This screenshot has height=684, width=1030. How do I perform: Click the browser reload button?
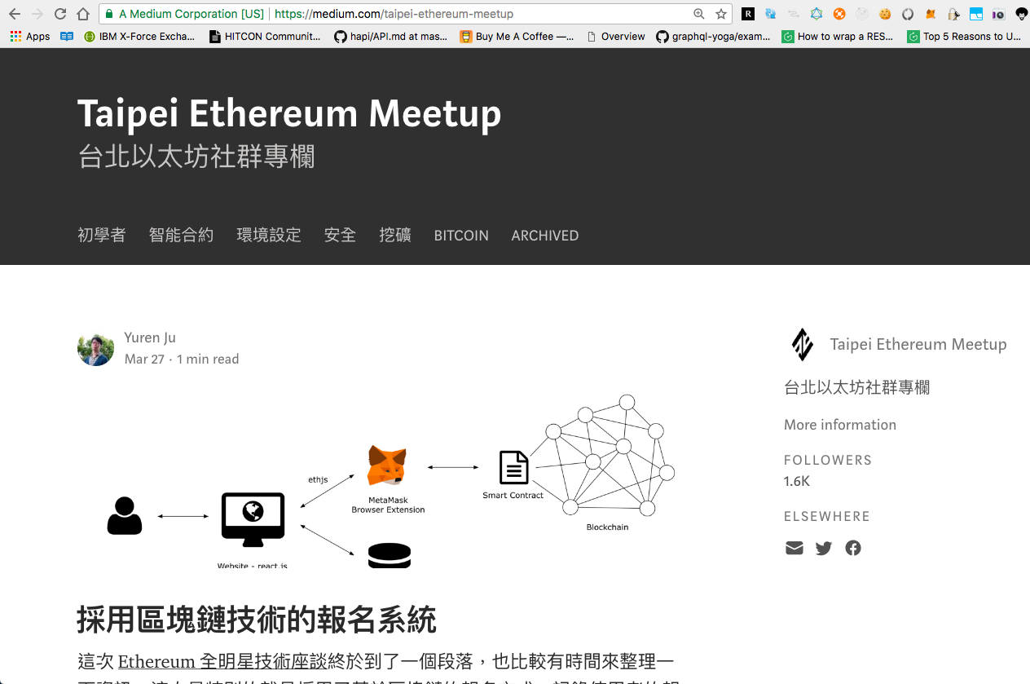coord(59,14)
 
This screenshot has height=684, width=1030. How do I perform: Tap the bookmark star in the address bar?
coord(721,14)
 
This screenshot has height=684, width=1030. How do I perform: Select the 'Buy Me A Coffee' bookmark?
coord(517,36)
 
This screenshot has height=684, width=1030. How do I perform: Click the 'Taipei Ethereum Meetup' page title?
coord(289,113)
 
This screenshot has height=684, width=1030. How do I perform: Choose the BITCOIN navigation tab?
coord(461,236)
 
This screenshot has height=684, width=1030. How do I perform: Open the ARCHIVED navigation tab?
coord(544,236)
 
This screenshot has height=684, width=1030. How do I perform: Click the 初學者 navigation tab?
coord(102,236)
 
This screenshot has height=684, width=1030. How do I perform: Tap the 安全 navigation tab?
coord(340,236)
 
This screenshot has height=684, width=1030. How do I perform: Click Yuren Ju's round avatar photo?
coord(95,349)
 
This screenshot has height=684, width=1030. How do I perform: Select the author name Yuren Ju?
coord(150,338)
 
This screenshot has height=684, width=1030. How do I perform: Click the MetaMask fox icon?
coord(387,466)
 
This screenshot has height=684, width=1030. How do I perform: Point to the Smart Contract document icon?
coord(513,468)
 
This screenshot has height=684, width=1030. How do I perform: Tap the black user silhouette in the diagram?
coord(125,516)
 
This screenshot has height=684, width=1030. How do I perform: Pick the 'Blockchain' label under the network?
coord(607,527)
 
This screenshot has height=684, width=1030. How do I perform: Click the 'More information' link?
coord(839,425)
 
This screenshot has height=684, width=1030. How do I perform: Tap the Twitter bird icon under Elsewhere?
coord(824,548)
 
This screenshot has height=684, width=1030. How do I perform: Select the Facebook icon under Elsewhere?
coord(853,548)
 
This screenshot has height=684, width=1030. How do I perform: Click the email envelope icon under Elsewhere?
coord(795,548)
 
